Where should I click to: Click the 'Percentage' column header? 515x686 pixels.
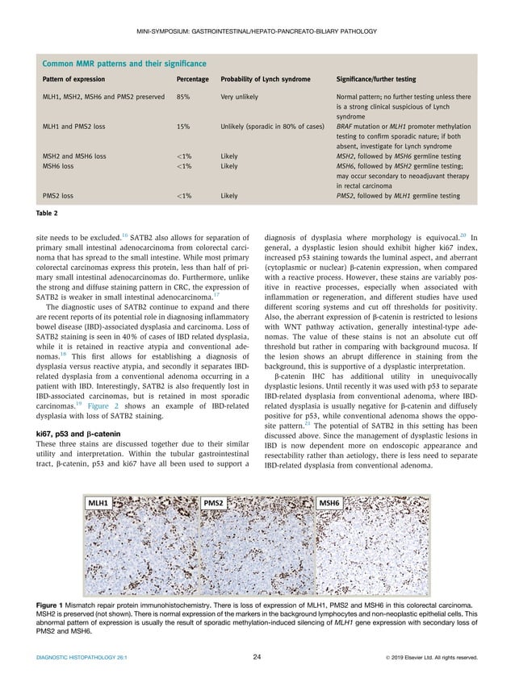click(193, 81)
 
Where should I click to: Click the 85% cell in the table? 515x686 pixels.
click(183, 97)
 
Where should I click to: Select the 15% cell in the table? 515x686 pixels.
click(183, 127)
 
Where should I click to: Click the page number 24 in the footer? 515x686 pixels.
click(257, 657)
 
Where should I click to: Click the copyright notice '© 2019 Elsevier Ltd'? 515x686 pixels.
click(425, 657)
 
